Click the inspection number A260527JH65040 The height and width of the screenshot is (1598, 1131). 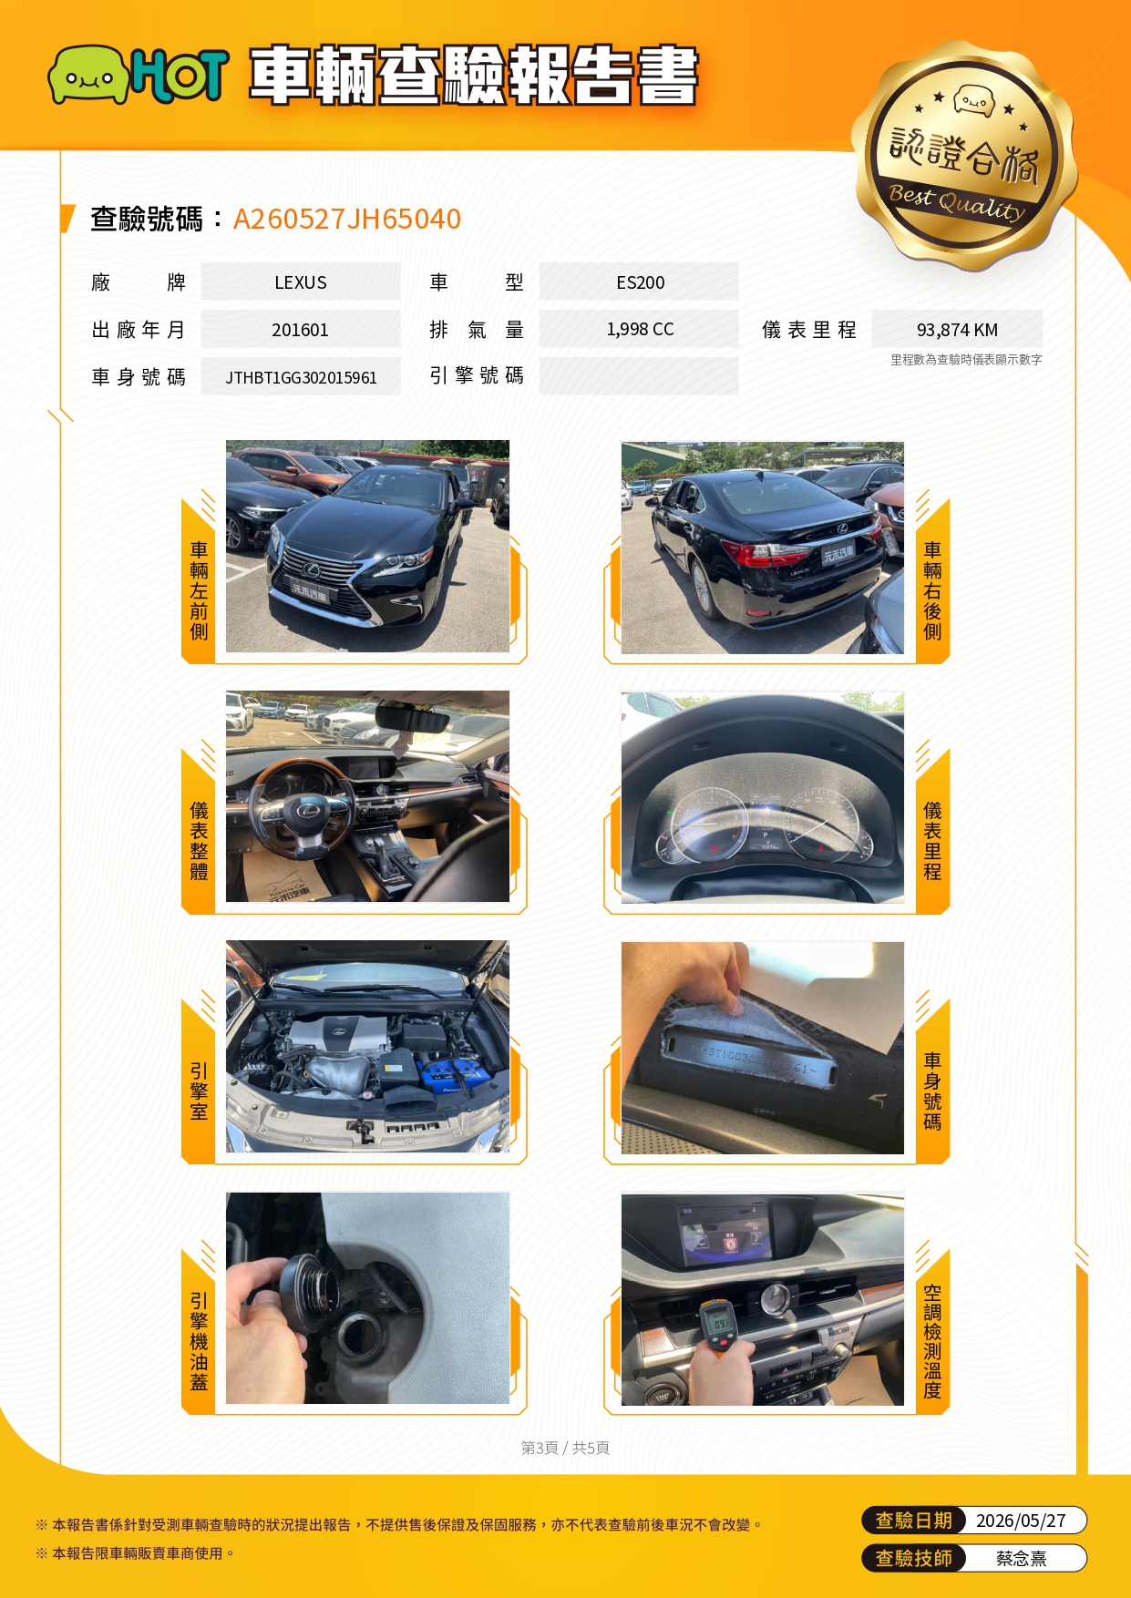(347, 219)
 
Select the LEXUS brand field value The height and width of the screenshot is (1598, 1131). (301, 282)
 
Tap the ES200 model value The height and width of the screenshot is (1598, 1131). (640, 282)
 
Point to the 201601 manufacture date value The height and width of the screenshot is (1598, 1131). (300, 330)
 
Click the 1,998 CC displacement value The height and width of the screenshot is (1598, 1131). (640, 329)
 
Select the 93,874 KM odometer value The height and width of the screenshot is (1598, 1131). (957, 330)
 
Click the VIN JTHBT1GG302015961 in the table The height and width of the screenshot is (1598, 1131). (301, 377)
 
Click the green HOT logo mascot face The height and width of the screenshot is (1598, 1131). (87, 75)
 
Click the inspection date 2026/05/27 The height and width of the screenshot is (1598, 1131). (1021, 1521)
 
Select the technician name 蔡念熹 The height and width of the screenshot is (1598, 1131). (1021, 1559)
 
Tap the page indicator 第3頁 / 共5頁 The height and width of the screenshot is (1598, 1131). (565, 1448)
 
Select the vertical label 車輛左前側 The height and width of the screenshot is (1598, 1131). (199, 590)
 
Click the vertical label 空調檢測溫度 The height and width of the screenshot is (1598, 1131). (932, 1341)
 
